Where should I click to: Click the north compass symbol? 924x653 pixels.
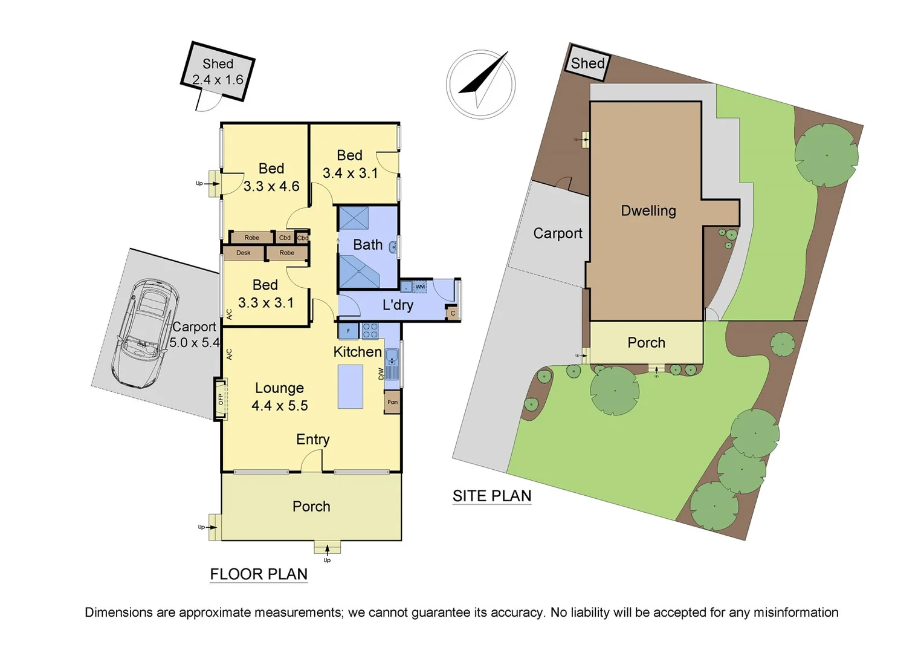pyautogui.click(x=481, y=84)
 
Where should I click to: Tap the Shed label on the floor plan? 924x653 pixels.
pyautogui.click(x=218, y=64)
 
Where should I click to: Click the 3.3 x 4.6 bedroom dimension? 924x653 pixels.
pyautogui.click(x=271, y=186)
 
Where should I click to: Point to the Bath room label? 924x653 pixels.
pyautogui.click(x=367, y=245)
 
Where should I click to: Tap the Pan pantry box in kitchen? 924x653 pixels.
pyautogui.click(x=392, y=402)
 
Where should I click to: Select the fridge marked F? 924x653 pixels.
pyautogui.click(x=348, y=331)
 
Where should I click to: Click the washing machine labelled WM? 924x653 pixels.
pyautogui.click(x=420, y=287)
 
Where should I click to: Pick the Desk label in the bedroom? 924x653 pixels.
pyautogui.click(x=244, y=253)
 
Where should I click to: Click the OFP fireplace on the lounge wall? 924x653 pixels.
pyautogui.click(x=221, y=398)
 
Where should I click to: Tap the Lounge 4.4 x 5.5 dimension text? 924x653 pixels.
pyautogui.click(x=280, y=406)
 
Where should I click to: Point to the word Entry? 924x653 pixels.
pyautogui.click(x=312, y=440)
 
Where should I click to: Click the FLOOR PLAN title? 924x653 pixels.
pyautogui.click(x=259, y=574)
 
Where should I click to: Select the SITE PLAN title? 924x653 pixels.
pyautogui.click(x=492, y=496)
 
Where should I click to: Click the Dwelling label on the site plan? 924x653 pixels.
pyautogui.click(x=648, y=211)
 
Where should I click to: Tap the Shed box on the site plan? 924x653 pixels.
pyautogui.click(x=587, y=63)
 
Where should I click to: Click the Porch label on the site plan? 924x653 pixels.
pyautogui.click(x=646, y=343)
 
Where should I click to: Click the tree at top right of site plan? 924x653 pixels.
pyautogui.click(x=826, y=155)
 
